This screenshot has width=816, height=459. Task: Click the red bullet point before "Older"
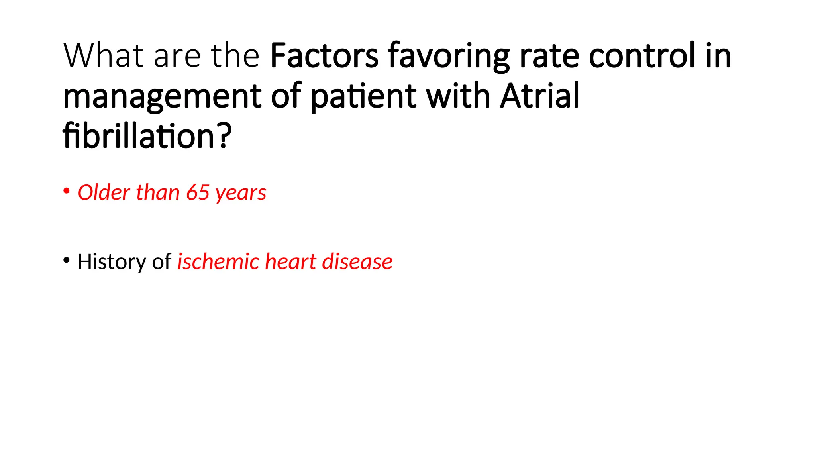pos(67,191)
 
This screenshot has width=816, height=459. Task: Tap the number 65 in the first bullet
pos(198,192)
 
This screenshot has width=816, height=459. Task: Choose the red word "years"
pos(241,194)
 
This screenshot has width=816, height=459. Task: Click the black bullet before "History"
pos(67,261)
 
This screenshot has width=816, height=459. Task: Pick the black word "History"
pos(112,262)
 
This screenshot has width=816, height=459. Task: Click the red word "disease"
pos(357,262)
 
